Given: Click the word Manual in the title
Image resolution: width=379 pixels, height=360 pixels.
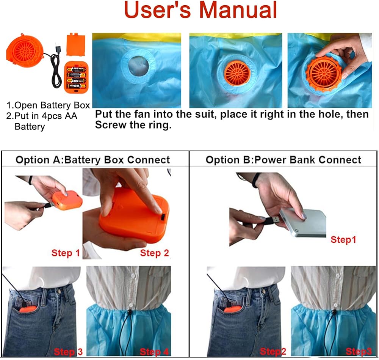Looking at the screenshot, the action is [x=238, y=10].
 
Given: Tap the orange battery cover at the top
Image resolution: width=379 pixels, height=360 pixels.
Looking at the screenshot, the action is [x=76, y=45].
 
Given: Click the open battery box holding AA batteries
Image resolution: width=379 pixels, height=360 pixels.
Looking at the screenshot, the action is [x=77, y=77].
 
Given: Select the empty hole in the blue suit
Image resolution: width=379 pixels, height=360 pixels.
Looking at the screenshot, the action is [x=138, y=66].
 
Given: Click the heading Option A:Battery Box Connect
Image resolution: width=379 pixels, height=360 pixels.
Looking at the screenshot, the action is [x=92, y=160].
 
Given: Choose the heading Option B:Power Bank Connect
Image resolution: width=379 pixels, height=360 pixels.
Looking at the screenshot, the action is [x=283, y=160].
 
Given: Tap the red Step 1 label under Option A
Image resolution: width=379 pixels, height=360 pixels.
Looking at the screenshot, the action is [x=66, y=253].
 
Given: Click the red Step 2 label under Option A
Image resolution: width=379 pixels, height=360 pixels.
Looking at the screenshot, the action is [x=154, y=253].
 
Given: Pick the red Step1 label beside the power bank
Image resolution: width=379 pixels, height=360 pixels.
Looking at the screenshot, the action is [x=343, y=240].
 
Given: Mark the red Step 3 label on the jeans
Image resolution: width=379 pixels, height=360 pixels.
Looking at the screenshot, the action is [x=68, y=352].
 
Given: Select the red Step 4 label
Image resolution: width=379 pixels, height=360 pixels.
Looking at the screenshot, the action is [x=154, y=352].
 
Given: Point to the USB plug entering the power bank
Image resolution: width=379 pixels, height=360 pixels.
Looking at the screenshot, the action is [x=273, y=221].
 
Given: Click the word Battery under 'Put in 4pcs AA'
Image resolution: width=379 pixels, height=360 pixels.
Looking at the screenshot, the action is [x=30, y=127].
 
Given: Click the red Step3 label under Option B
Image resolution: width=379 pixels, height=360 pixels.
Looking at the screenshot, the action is [x=359, y=352].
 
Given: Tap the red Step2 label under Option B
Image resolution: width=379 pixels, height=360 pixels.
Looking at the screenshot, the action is [x=273, y=352].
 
